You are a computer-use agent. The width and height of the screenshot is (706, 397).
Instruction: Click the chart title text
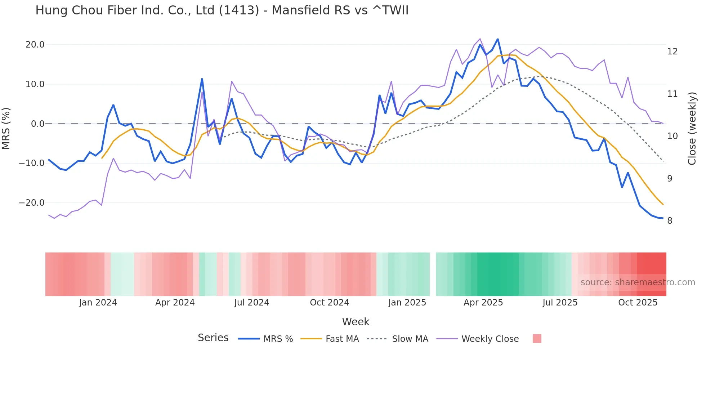click(222, 10)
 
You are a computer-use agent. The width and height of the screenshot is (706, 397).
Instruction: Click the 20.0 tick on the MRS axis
click(35, 45)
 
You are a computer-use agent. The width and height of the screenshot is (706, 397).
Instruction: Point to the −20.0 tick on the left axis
click(32, 203)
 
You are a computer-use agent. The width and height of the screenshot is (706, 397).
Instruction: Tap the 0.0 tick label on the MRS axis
click(38, 124)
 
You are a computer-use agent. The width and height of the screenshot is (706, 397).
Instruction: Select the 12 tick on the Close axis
click(672, 52)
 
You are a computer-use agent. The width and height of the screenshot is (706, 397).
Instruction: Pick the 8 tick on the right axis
click(670, 221)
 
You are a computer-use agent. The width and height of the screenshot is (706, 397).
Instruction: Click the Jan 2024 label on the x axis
click(98, 303)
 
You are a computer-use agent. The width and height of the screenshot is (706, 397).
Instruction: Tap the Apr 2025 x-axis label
click(483, 303)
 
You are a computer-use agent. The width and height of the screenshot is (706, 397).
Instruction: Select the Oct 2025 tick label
click(638, 303)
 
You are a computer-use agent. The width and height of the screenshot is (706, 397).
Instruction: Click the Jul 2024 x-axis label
click(252, 303)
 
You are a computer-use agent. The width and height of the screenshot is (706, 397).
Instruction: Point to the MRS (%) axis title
click(6, 128)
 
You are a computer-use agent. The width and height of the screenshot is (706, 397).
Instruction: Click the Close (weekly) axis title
click(692, 129)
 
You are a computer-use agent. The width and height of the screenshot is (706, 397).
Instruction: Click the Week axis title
click(356, 322)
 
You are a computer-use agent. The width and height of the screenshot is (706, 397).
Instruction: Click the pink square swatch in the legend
click(537, 339)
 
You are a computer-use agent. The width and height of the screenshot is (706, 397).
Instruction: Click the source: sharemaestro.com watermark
click(638, 282)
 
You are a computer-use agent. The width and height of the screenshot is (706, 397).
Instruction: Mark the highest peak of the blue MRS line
click(498, 39)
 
